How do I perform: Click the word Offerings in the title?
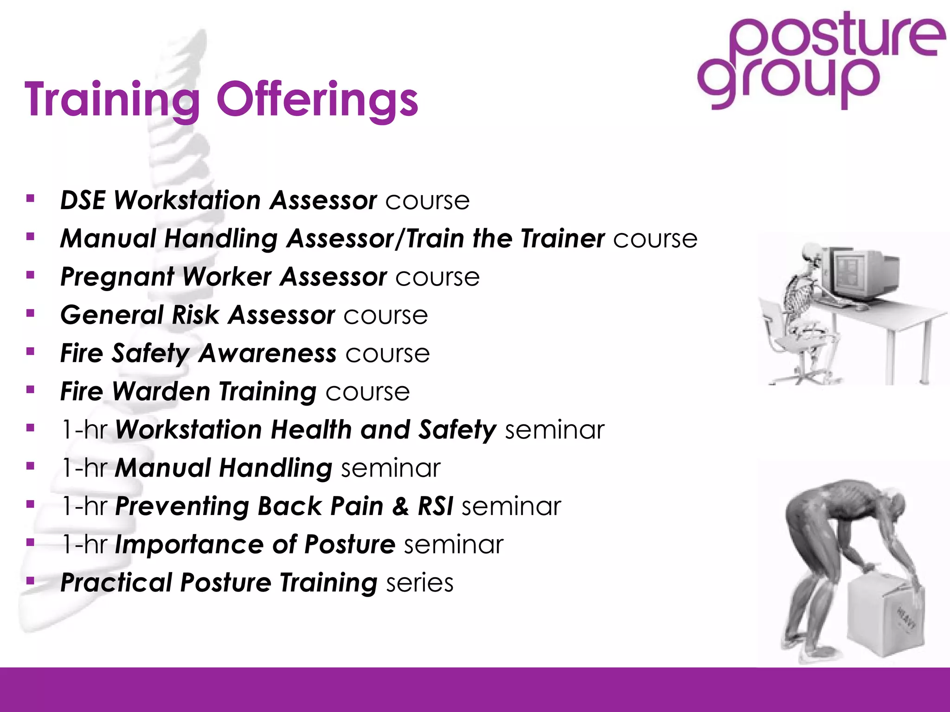click(x=317, y=100)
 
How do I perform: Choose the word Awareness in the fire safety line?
click(x=268, y=354)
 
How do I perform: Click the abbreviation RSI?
click(x=435, y=506)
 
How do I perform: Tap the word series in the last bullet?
click(x=419, y=583)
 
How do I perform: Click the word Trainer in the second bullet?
click(x=562, y=239)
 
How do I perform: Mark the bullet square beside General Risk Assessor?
click(x=31, y=314)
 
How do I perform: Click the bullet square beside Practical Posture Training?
click(x=31, y=580)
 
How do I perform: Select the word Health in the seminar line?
click(x=311, y=430)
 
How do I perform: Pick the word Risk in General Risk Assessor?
click(x=195, y=316)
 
